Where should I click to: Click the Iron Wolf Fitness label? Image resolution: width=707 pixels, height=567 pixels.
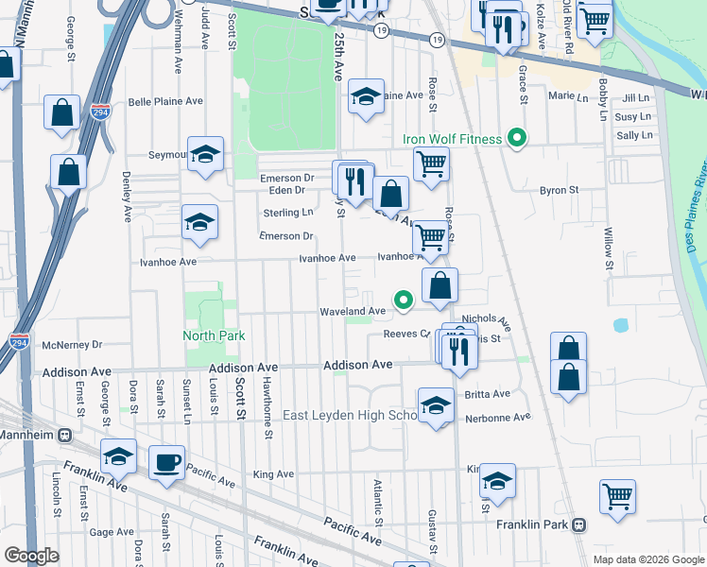(452, 140)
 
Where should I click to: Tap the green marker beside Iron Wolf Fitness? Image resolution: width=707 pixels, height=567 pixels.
(516, 140)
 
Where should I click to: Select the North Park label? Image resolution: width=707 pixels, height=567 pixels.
(214, 335)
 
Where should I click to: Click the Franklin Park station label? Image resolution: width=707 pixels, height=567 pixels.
(536, 524)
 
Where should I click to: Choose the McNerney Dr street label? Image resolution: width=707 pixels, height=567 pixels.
(71, 345)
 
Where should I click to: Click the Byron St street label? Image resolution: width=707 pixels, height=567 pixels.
(559, 190)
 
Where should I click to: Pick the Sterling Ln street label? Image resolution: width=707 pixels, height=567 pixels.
(287, 213)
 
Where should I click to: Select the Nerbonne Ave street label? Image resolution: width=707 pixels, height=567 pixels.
(494, 417)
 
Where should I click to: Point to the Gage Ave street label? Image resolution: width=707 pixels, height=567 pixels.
(112, 532)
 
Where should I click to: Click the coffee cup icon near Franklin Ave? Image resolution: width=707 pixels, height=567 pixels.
(167, 461)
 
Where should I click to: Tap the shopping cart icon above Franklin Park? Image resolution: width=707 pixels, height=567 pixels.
(617, 494)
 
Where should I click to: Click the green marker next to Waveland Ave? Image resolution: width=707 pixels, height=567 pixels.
(404, 301)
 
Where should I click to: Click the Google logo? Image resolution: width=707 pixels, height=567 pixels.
(31, 556)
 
